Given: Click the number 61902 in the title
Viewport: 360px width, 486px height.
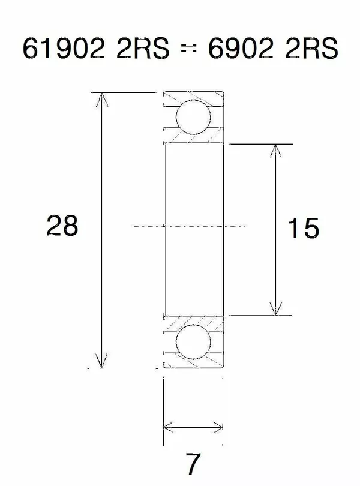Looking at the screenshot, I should [x=58, y=49].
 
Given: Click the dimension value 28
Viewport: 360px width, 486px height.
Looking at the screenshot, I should [x=62, y=226].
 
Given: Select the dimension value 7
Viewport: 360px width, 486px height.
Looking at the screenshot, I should [x=192, y=463].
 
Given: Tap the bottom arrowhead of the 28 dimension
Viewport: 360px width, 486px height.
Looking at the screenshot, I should [x=102, y=362].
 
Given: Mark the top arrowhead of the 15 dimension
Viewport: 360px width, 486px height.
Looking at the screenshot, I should [x=275, y=150].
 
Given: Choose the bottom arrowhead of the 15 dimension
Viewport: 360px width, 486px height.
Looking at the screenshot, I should [x=275, y=308].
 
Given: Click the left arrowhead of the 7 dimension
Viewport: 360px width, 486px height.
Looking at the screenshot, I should [x=169, y=427].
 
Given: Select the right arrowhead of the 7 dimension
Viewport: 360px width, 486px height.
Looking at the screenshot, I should [x=218, y=427].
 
